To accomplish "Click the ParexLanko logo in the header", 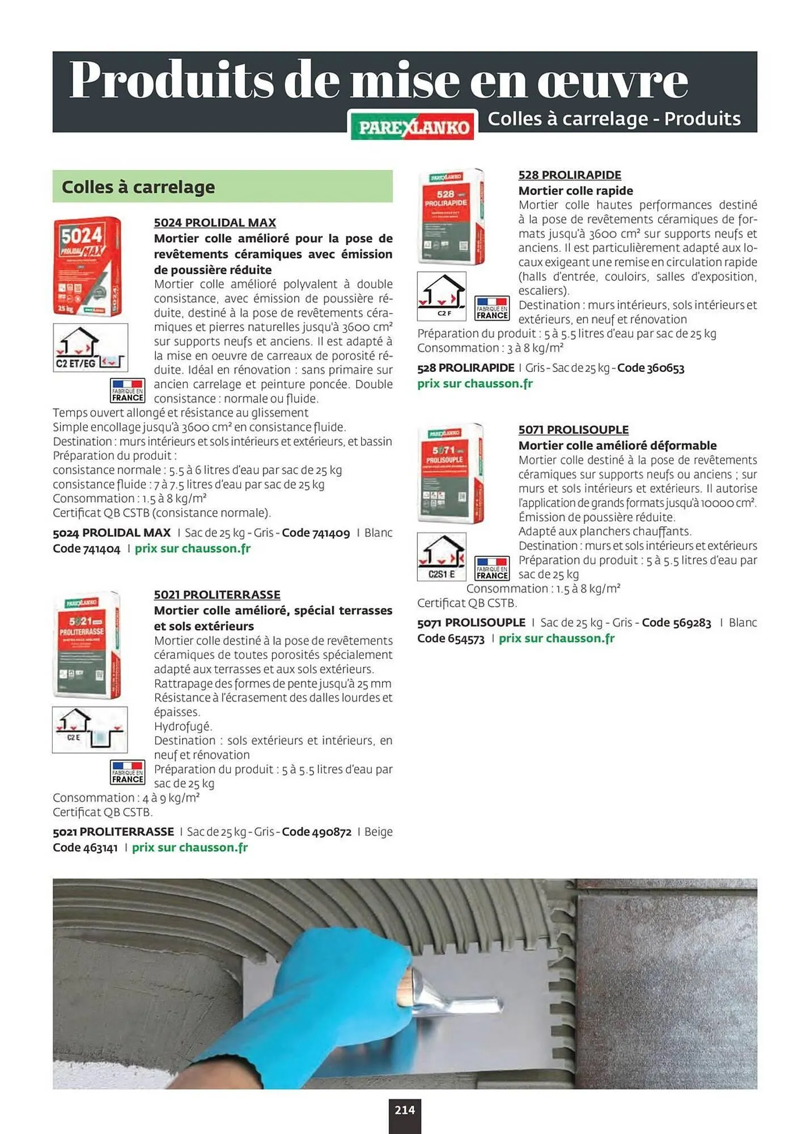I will tap(413, 126).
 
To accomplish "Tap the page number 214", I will tap(404, 1110).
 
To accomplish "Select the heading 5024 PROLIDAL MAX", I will tap(215, 223).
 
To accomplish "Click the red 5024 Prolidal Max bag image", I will tap(87, 266).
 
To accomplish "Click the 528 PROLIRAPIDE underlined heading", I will tap(569, 175).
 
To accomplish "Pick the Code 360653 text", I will tap(650, 368).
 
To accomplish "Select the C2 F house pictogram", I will tap(442, 296).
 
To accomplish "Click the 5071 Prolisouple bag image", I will tap(451, 473).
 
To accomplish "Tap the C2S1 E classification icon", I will tap(442, 556).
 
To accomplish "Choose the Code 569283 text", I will tap(676, 623).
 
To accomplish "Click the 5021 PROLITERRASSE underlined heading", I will tap(217, 595).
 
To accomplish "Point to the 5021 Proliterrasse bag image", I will tap(87, 645).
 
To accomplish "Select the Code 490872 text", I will tap(316, 832).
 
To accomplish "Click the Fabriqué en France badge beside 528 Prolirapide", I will tap(491, 308).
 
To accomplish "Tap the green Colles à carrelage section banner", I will tap(222, 187).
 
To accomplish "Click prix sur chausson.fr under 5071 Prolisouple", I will tap(556, 638).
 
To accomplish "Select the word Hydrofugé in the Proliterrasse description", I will tap(183, 726).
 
